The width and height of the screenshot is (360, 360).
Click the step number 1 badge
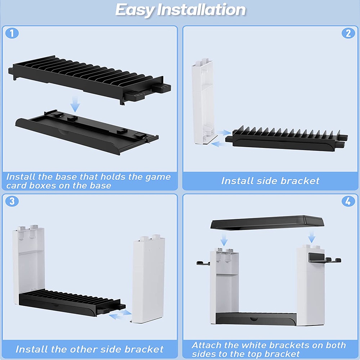12,33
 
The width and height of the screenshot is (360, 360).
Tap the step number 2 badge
348,33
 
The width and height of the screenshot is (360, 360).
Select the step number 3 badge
12,201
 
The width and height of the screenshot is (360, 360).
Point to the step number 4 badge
348,201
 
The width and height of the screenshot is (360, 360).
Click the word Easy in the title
135,10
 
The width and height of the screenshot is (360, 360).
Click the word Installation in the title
201,10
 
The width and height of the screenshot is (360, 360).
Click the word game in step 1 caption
158,177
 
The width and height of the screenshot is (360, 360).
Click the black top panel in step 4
267,222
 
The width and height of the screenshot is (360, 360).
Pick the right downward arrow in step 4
311,237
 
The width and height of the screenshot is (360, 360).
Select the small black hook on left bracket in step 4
203,263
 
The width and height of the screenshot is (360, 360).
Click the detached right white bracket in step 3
148,279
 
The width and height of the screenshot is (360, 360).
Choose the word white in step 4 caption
255,345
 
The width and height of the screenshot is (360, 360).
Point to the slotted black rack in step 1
90,79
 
